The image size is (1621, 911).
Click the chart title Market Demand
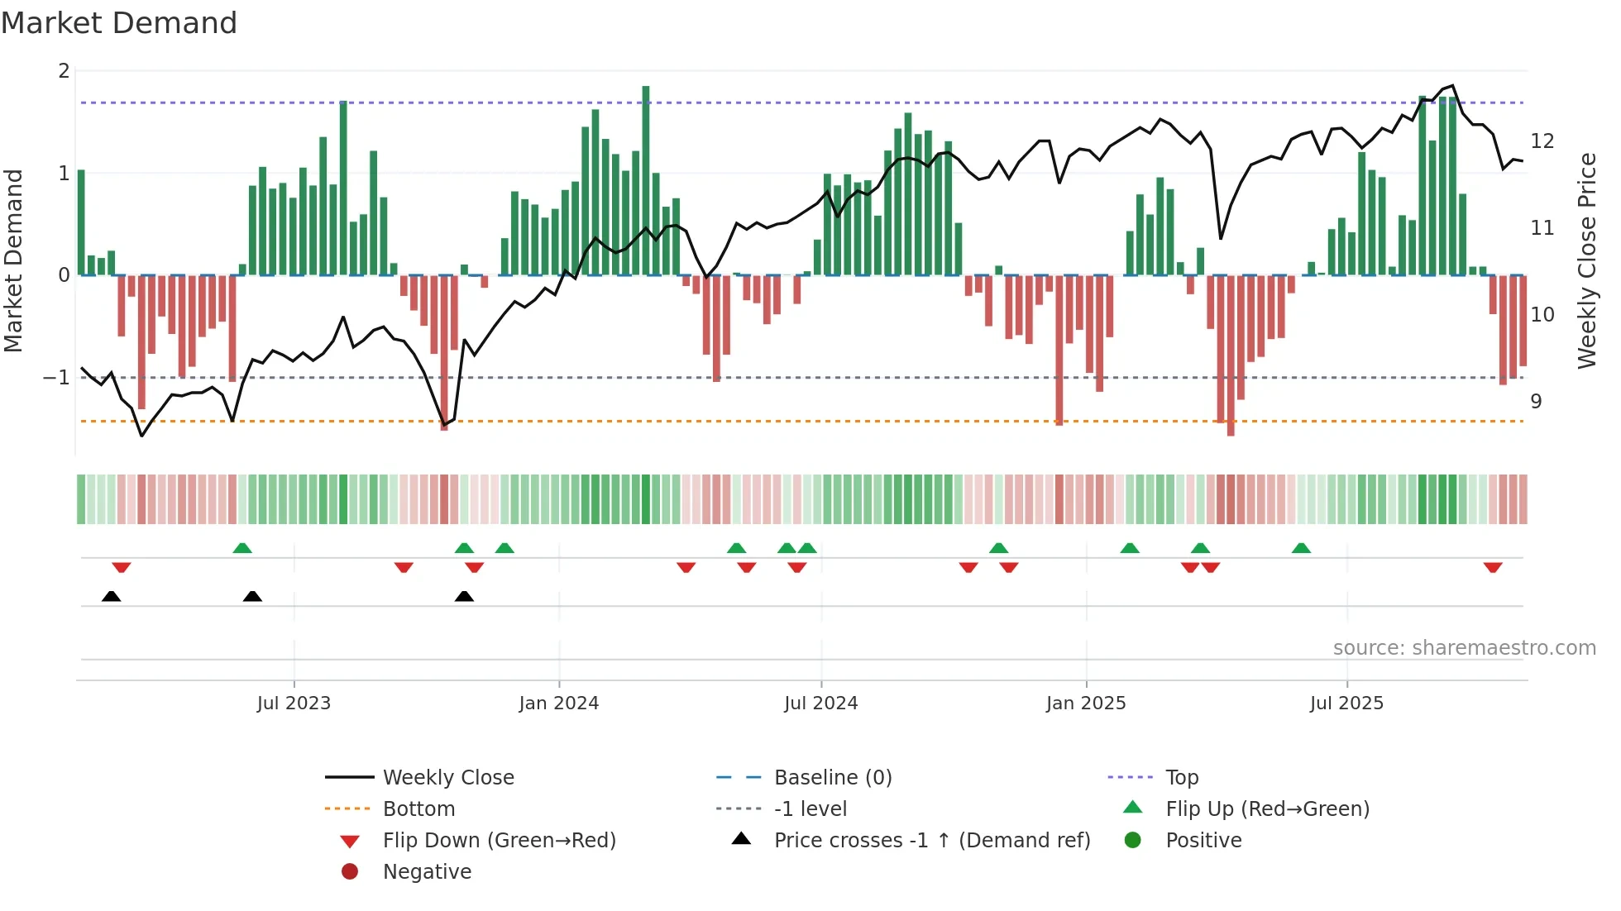119,23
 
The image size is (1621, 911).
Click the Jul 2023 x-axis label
294,704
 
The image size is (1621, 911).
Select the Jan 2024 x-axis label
559,704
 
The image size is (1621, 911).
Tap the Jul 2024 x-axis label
821,704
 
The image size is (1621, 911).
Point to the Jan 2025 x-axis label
1086,704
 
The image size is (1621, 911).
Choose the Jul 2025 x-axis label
1346,704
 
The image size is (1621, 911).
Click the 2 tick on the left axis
64,71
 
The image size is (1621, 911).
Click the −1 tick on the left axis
57,378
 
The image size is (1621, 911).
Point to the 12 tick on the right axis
1542,141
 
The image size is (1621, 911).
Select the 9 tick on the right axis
1536,402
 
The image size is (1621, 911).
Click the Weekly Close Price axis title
1586,260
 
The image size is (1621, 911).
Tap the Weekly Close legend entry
448,778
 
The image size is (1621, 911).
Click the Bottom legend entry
418,809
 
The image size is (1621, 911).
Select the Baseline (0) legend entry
833,778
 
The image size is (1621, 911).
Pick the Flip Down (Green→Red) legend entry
499,841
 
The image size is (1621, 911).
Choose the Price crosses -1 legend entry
932,841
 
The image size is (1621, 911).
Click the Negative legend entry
427,872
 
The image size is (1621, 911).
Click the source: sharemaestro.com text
1464,648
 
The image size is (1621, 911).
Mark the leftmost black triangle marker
111,596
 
